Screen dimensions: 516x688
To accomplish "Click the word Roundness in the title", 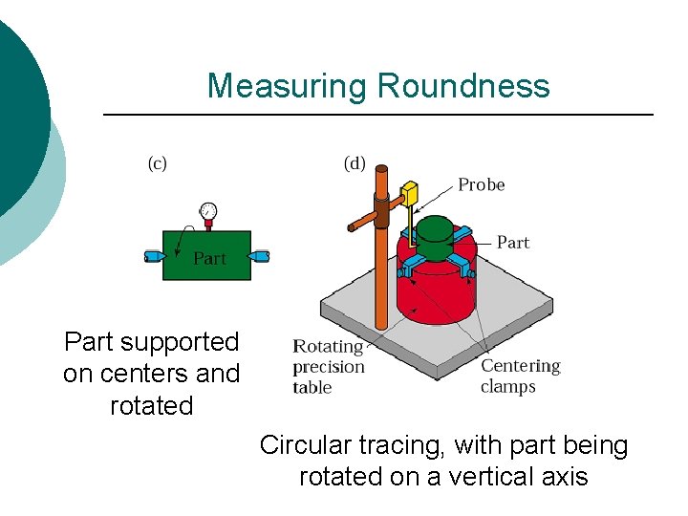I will tap(463, 86).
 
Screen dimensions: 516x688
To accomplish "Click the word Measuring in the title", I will tap(288, 86).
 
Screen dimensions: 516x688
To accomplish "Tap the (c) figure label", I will tap(157, 163).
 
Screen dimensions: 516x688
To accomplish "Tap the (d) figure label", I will tap(355, 163).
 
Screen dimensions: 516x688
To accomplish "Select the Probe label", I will tap(481, 184).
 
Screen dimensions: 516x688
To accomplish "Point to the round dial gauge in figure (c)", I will tap(208, 211).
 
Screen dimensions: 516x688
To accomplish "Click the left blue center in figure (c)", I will tap(153, 256).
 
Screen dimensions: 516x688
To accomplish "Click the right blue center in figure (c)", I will tap(261, 256).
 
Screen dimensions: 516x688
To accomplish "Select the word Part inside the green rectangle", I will tap(210, 258).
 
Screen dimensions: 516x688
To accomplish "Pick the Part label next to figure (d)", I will tap(513, 243).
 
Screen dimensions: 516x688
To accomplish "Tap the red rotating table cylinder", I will tap(441, 291).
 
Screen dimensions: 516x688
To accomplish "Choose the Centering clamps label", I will tap(521, 376).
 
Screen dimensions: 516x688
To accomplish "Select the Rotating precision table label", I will tap(329, 367).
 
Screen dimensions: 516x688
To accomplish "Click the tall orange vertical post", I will tap(381, 277).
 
